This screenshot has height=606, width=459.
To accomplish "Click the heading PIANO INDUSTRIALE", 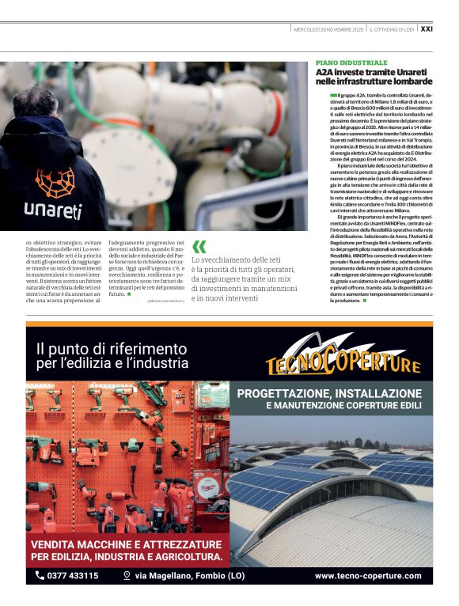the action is point(351,62).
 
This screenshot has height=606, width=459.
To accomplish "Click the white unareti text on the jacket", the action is point(53,210).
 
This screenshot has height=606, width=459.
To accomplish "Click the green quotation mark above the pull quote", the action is point(199,247).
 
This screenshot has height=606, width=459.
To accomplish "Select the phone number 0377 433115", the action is point(73,576).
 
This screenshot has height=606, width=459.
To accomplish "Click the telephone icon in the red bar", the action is point(40,576).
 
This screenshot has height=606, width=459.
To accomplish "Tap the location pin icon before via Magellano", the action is point(126,576).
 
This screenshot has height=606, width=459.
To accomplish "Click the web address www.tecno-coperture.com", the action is point(367,576).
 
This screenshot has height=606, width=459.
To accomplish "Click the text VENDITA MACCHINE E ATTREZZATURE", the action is point(126,545).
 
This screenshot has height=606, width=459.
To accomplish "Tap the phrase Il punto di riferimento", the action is point(111,348).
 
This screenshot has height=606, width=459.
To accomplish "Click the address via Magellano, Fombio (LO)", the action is point(179,576).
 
